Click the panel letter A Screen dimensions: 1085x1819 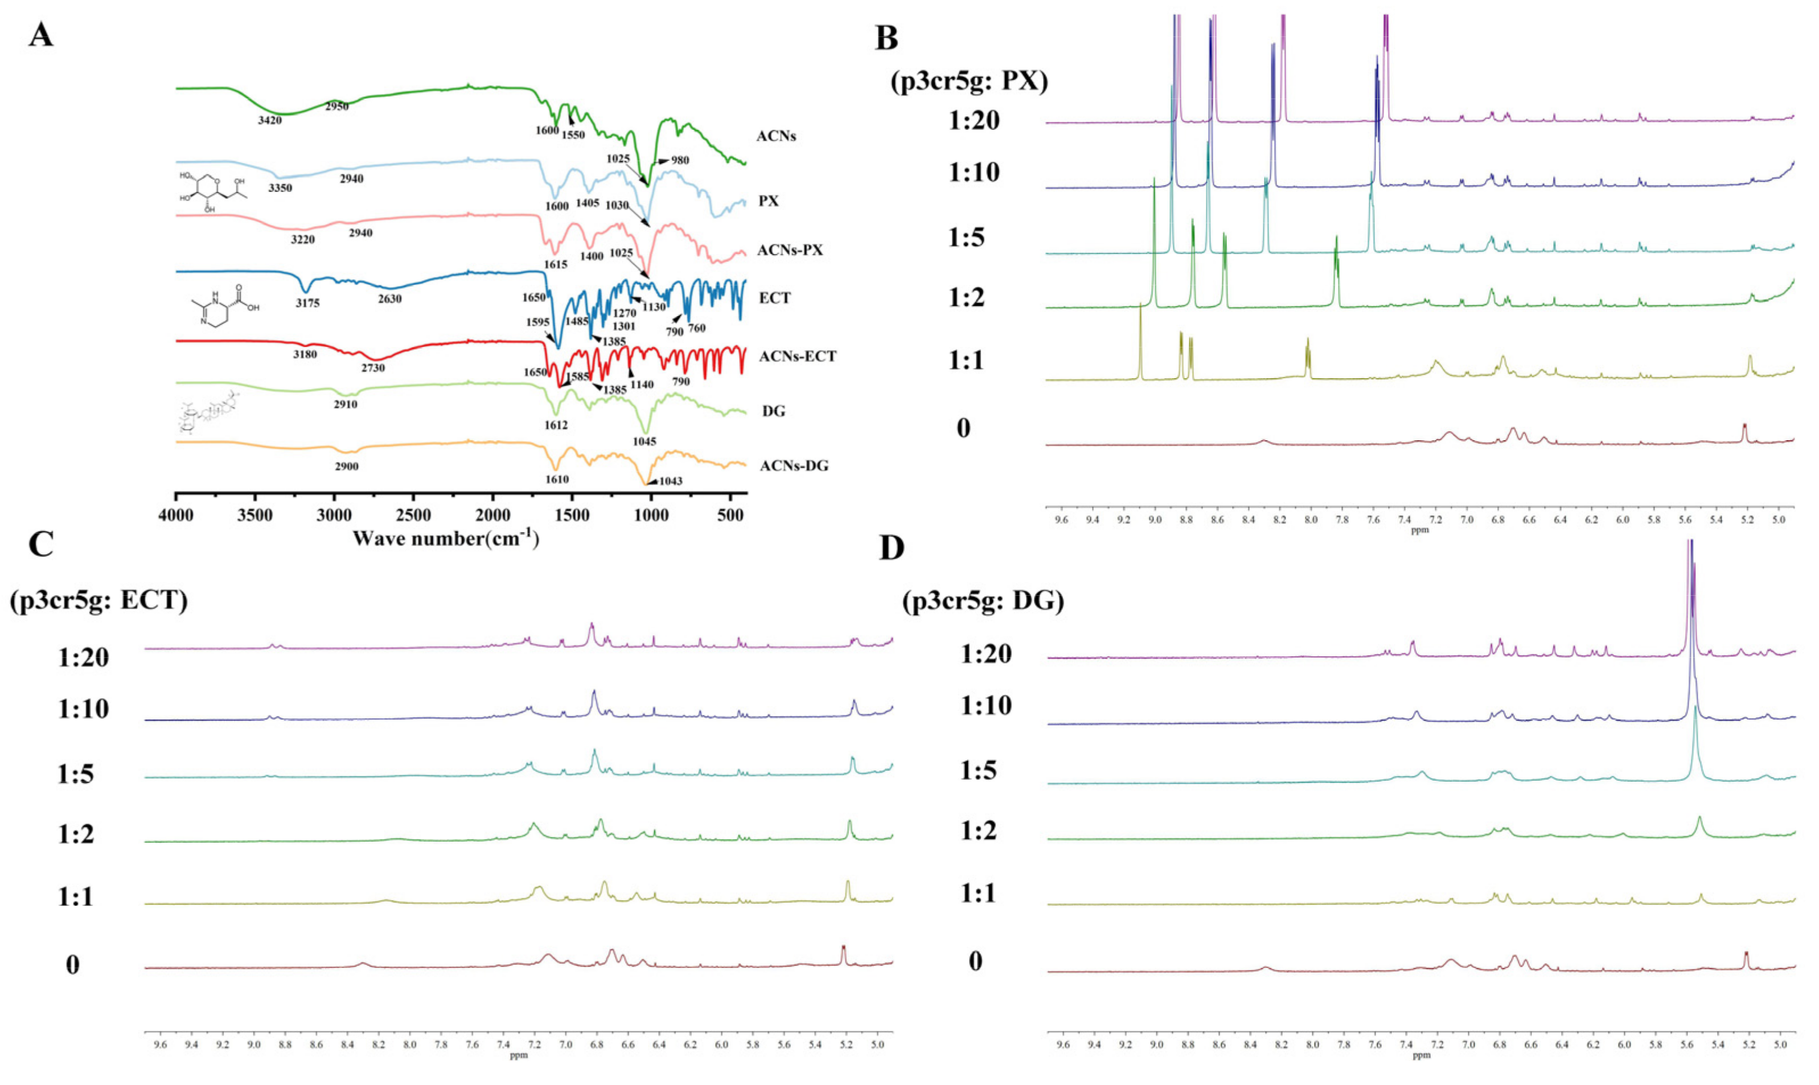[x=41, y=34]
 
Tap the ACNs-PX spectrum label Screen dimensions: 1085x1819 [x=790, y=250]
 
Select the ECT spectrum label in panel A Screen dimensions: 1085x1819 [x=775, y=298]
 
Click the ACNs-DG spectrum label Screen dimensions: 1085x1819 [x=794, y=466]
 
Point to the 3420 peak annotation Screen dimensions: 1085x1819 [x=270, y=120]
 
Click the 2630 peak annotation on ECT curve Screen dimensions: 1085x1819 [x=389, y=299]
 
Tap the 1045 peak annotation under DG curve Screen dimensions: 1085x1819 [x=644, y=441]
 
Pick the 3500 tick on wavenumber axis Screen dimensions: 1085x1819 [x=256, y=515]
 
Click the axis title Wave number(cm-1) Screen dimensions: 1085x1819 [x=446, y=539]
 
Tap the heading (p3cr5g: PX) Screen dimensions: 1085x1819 [x=969, y=80]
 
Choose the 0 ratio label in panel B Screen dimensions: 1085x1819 [x=963, y=428]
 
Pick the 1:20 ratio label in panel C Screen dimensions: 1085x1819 [x=83, y=657]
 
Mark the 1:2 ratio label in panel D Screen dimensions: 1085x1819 [x=979, y=832]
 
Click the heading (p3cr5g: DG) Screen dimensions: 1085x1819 [x=983, y=601]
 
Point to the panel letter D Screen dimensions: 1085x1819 [x=892, y=548]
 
